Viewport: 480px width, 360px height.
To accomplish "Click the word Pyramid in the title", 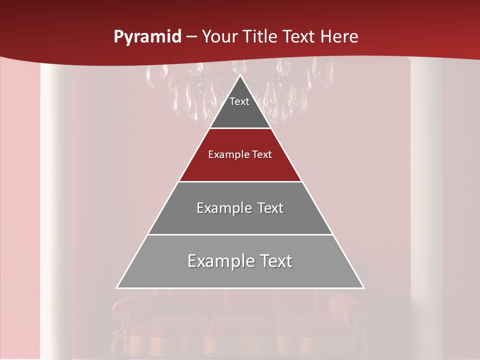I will tap(147, 37).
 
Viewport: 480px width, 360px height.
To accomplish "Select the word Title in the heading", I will tap(262, 37).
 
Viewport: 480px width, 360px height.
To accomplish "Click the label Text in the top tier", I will tap(239, 101).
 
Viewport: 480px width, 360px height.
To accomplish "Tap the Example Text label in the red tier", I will tap(240, 154).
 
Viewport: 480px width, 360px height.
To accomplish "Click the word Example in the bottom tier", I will tap(218, 261).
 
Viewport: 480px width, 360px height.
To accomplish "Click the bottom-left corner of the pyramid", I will tap(117, 287).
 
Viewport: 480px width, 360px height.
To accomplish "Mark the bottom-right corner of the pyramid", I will tap(363, 287).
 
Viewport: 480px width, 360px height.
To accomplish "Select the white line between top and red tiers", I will tap(240, 128).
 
